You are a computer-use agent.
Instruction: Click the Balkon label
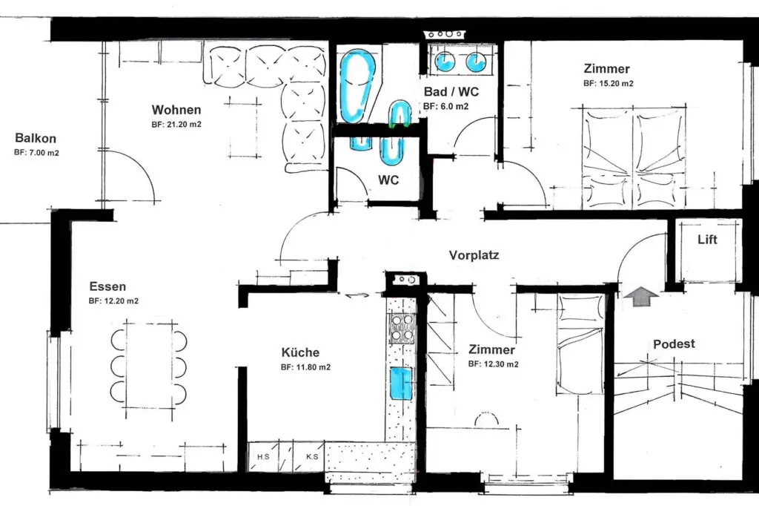[x=36, y=138]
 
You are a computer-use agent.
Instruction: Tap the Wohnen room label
[x=176, y=110]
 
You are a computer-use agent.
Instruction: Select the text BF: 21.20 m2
[x=176, y=125]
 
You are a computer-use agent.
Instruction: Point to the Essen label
[x=107, y=286]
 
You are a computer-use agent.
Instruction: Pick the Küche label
[x=301, y=352]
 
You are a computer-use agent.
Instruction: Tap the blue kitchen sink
[x=400, y=384]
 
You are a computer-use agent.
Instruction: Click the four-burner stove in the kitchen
[x=401, y=328]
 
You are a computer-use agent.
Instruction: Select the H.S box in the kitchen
[x=263, y=456]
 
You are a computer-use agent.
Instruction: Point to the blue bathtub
[x=357, y=86]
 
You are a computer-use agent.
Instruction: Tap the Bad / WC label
[x=451, y=91]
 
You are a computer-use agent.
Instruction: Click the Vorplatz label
[x=474, y=255]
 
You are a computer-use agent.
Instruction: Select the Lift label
[x=707, y=240]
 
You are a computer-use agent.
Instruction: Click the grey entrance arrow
[x=642, y=295]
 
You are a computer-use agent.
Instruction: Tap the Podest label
[x=674, y=344]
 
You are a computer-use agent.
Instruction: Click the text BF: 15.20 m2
[x=608, y=83]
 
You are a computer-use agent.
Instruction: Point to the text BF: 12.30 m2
[x=493, y=364]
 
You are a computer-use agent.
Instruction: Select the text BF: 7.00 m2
[x=36, y=153]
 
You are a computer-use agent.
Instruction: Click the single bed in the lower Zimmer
[x=580, y=345]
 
